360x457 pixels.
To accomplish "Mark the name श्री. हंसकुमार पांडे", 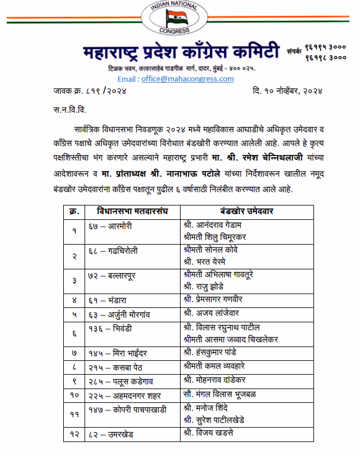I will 218,352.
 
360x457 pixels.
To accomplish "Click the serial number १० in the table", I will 74,395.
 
